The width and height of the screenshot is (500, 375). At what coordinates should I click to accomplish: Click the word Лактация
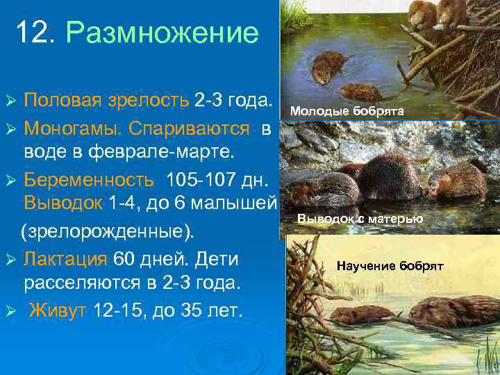(65, 259)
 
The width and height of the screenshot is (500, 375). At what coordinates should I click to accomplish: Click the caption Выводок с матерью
(360, 219)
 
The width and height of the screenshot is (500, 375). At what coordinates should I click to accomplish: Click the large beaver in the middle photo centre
(389, 177)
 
